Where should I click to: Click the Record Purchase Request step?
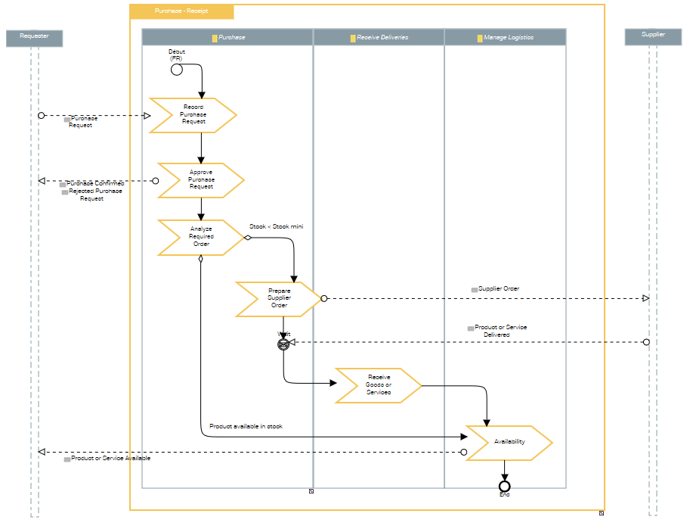tap(193, 115)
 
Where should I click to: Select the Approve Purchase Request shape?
tap(200, 180)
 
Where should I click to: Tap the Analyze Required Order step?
tap(200, 237)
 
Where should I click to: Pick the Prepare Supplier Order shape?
tap(278, 298)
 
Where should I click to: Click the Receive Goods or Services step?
tap(378, 385)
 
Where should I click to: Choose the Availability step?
tap(509, 442)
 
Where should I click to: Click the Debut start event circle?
tap(177, 70)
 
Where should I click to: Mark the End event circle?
tap(505, 486)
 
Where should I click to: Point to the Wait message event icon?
tap(283, 344)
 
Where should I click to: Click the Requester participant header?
tap(33, 37)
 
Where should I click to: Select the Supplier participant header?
tap(653, 36)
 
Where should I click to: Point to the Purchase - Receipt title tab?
tap(181, 12)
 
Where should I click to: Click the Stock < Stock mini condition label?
tap(276, 226)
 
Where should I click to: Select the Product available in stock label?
tap(246, 427)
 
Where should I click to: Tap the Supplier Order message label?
tap(499, 289)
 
